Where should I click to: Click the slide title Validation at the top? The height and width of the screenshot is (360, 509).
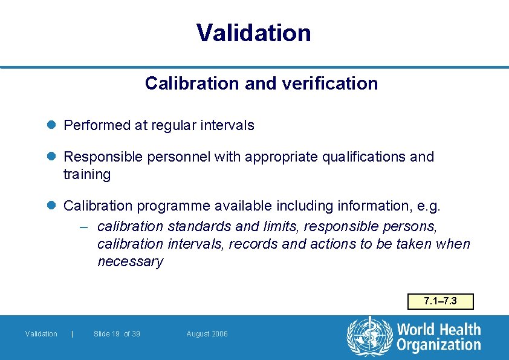coord(254,33)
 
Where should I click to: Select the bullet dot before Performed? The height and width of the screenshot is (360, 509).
coord(52,125)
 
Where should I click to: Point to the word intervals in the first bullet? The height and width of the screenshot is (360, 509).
coord(228,125)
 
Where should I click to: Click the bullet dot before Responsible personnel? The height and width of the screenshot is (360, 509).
coord(52,157)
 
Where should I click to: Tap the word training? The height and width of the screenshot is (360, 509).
coord(87,174)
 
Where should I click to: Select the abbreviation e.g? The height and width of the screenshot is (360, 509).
coord(429,206)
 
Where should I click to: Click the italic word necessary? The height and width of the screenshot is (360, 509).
coord(130,261)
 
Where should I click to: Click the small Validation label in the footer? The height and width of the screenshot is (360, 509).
coord(41,334)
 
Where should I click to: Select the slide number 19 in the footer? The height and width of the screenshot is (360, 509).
coord(115,334)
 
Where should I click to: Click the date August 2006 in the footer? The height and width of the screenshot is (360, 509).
coord(207,334)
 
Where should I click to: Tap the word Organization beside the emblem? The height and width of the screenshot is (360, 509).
coord(438,345)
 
